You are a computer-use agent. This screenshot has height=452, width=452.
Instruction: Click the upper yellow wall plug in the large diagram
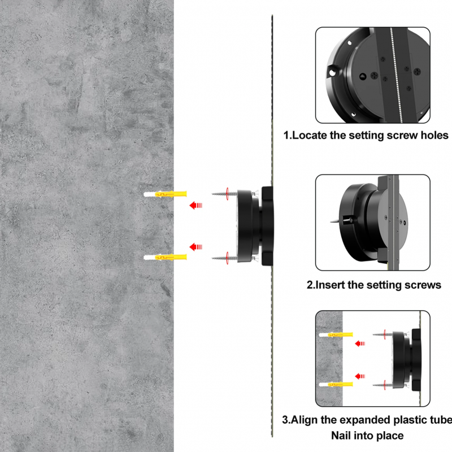[x=165, y=194]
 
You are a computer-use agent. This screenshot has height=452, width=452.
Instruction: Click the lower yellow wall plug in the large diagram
[x=165, y=257]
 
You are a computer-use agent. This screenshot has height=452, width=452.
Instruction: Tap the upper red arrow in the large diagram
[x=195, y=205]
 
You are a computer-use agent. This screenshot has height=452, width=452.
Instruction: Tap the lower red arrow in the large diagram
[x=195, y=247]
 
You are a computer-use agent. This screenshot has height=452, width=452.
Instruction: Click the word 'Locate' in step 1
[x=309, y=135]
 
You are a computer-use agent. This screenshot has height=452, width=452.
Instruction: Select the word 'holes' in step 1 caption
[x=434, y=135]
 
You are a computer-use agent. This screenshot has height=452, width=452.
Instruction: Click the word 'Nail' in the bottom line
[x=340, y=435]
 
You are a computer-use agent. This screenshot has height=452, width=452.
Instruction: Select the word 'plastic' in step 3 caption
[x=412, y=420]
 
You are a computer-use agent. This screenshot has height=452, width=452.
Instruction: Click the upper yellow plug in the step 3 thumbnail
[x=336, y=334]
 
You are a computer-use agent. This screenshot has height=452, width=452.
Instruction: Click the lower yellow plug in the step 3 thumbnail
[x=336, y=385]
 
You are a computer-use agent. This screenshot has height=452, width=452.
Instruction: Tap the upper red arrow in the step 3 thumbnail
[x=360, y=344]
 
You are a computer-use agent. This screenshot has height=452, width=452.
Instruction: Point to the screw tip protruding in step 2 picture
[x=334, y=221]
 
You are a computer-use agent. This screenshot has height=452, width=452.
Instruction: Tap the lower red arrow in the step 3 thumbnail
[x=360, y=376]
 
